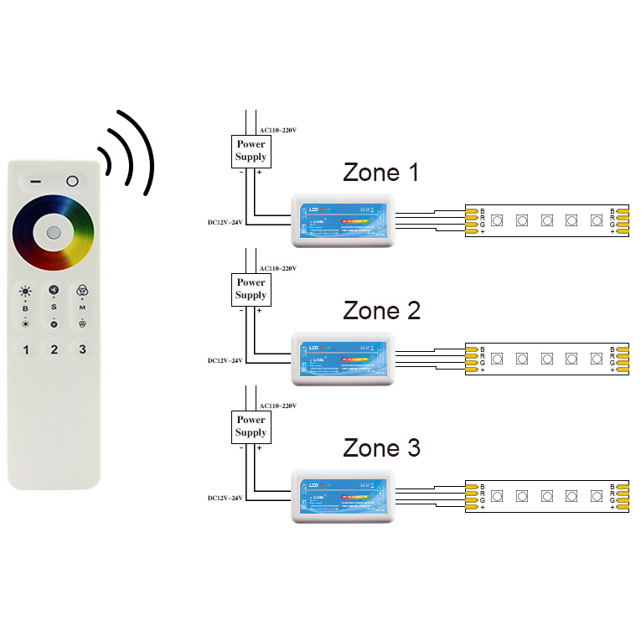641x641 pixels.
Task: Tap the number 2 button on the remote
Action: point(54,349)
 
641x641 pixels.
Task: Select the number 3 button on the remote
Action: point(82,349)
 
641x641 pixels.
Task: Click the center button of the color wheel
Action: point(54,232)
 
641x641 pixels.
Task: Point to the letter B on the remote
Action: point(25,308)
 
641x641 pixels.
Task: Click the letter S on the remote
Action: point(54,308)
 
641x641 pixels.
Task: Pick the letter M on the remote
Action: point(82,308)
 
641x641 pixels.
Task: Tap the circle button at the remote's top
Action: point(72,181)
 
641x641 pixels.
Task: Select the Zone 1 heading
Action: point(381,173)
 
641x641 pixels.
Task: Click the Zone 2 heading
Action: point(381,311)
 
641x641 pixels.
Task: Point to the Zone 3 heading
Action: point(381,448)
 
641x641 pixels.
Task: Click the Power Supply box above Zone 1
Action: point(251,151)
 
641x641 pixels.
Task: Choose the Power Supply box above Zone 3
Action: point(251,426)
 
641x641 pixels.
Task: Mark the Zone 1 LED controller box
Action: point(341,220)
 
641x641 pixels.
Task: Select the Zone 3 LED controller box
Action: point(341,495)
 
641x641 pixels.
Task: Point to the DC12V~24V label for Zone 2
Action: point(225,360)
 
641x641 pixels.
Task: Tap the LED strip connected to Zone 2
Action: point(546,359)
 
